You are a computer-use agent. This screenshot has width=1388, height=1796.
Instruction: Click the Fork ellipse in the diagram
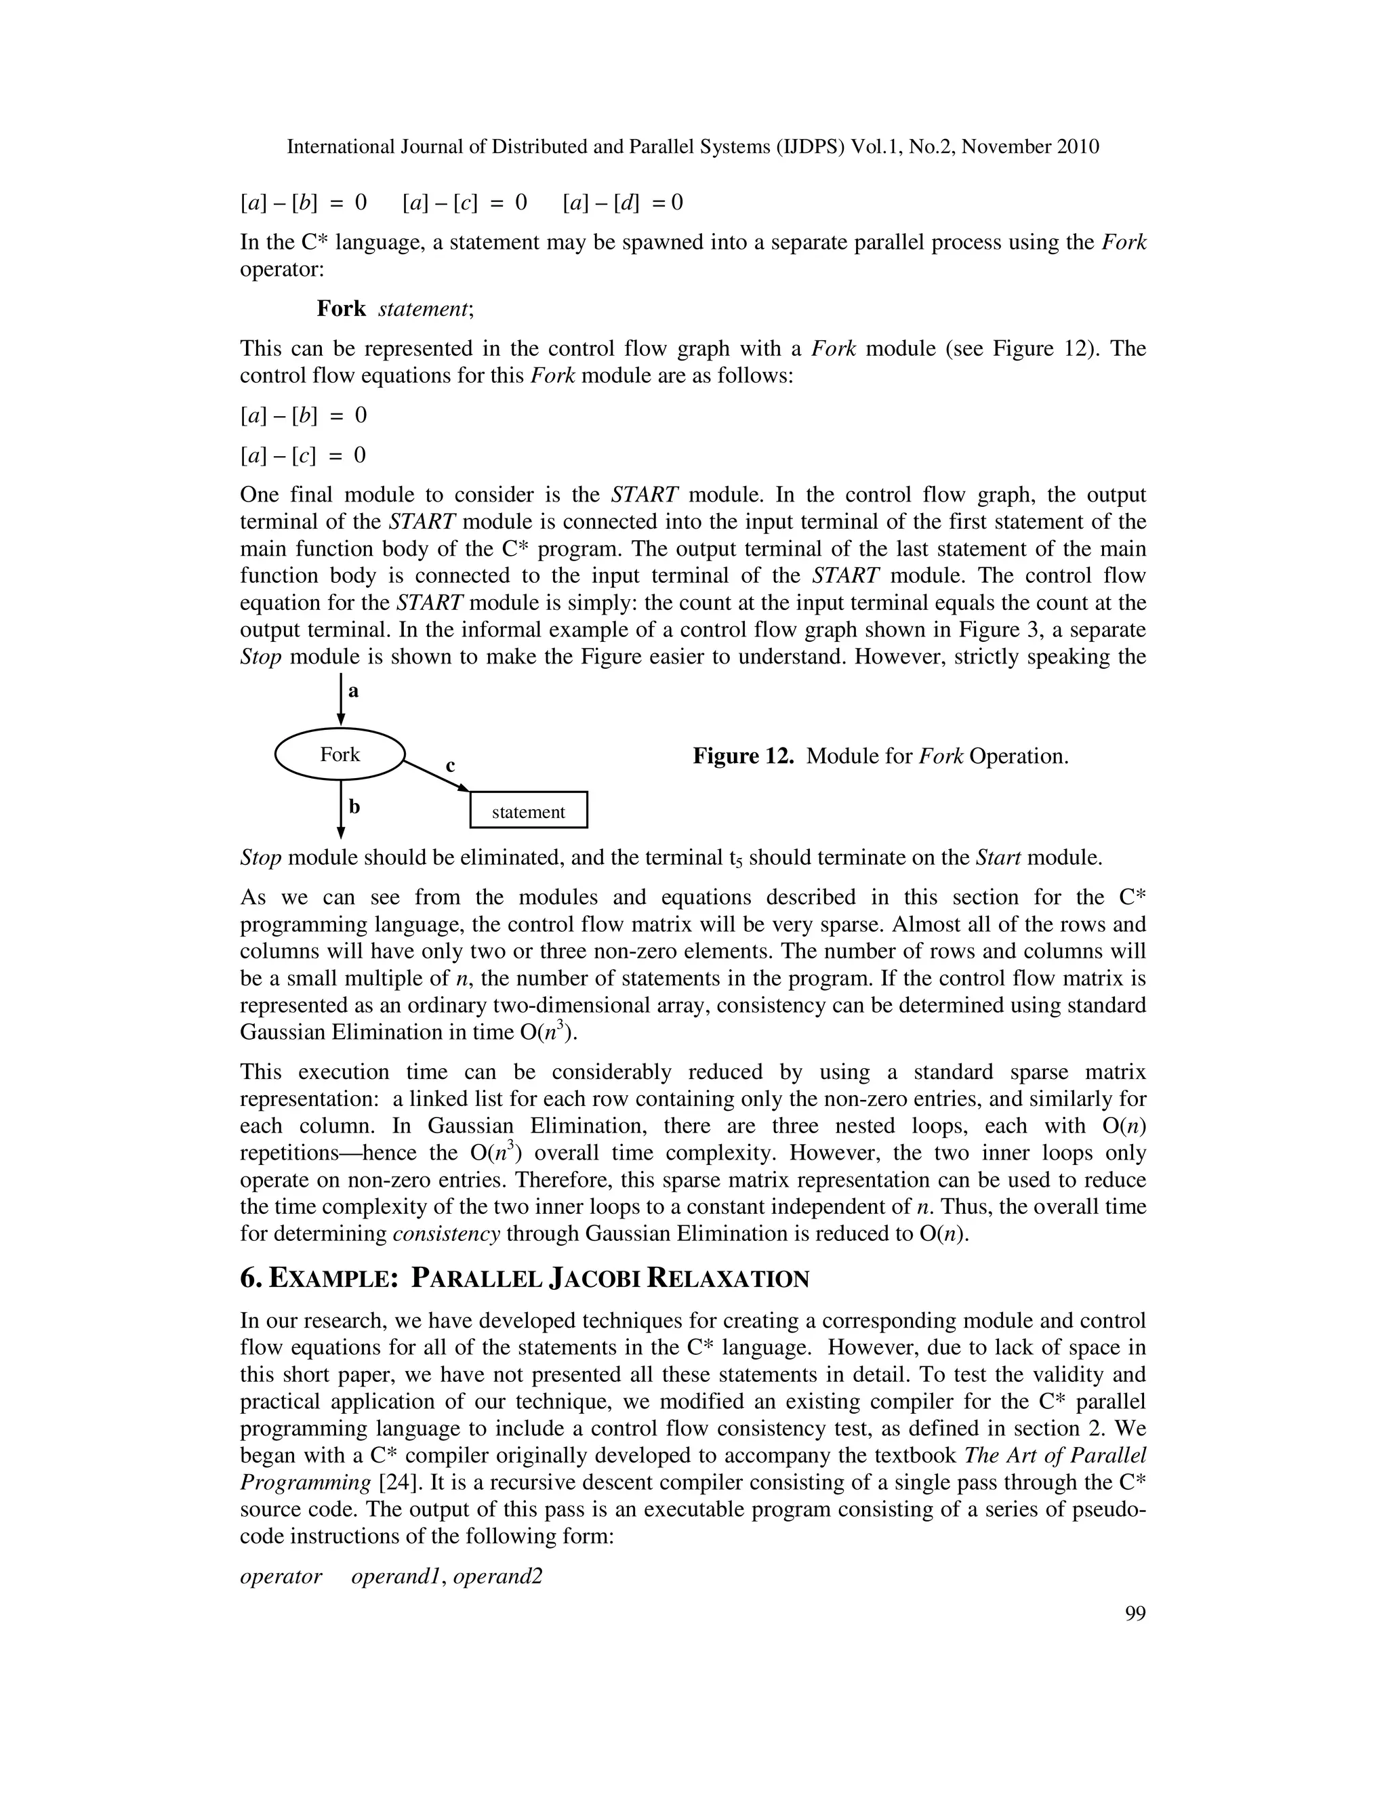tap(340, 754)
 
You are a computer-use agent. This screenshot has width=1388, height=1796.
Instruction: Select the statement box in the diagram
tap(528, 810)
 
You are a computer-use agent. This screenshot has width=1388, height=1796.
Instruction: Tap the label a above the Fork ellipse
tap(354, 691)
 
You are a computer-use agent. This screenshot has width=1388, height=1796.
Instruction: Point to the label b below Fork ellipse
tap(354, 807)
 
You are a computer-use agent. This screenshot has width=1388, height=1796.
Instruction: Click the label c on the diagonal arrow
tap(450, 766)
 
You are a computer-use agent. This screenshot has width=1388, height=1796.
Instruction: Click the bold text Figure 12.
tap(743, 756)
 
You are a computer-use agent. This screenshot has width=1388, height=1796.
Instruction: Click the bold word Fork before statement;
tap(342, 308)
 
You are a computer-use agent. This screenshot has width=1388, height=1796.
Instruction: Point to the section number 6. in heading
tap(251, 1279)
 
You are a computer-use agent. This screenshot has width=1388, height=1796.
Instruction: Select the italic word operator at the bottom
tap(281, 1576)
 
